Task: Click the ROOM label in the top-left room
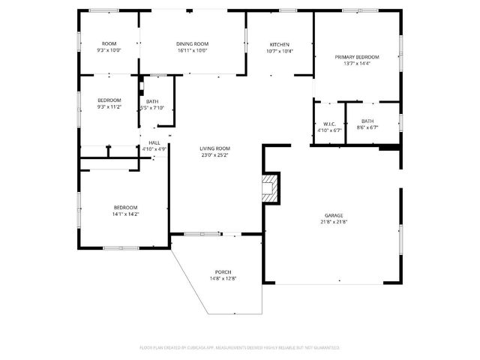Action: pyautogui.click(x=109, y=44)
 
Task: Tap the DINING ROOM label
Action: pyautogui.click(x=193, y=44)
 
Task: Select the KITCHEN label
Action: pyautogui.click(x=280, y=44)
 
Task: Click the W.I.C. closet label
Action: pyautogui.click(x=328, y=124)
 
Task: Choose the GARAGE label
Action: pyautogui.click(x=334, y=214)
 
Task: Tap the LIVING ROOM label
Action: pyautogui.click(x=214, y=148)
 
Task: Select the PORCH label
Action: pyautogui.click(x=223, y=271)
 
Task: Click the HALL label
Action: pyautogui.click(x=154, y=142)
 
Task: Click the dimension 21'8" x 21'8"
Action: pyautogui.click(x=334, y=221)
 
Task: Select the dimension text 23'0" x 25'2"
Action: pyautogui.click(x=214, y=155)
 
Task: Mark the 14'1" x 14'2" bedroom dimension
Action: pyautogui.click(x=126, y=214)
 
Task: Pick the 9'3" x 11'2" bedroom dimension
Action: pyautogui.click(x=109, y=107)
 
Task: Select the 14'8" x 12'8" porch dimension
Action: pyautogui.click(x=223, y=278)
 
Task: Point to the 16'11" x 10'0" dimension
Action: pyautogui.click(x=193, y=51)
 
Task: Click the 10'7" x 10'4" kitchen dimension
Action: pyautogui.click(x=280, y=51)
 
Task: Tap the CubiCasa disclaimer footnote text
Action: pyautogui.click(x=240, y=347)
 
